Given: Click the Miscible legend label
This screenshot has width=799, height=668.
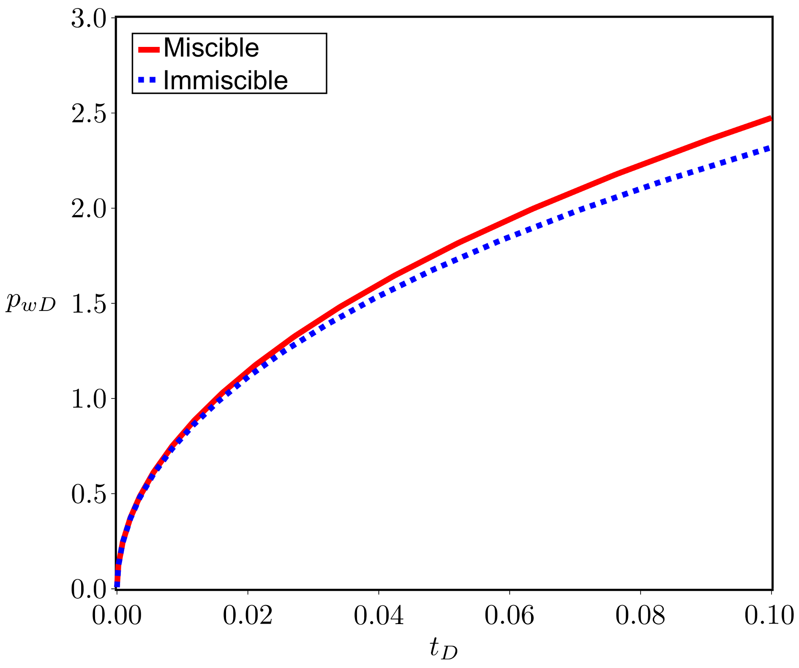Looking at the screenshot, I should coord(211,48).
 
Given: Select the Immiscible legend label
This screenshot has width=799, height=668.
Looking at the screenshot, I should coord(225,80).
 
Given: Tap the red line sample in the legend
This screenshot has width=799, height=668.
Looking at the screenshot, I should coord(149,49).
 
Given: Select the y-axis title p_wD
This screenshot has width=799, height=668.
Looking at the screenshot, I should coord(30,303).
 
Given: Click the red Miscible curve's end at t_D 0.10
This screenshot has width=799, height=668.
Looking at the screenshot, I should coord(770,119).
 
